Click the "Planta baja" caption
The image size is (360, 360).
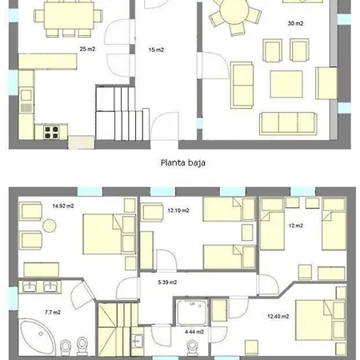tap(183, 162)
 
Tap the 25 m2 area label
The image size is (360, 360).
tap(87, 49)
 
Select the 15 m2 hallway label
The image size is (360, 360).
tap(156, 50)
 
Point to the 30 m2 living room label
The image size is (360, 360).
tap(295, 23)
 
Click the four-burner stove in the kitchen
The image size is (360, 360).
tap(51, 132)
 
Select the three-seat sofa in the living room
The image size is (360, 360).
tap(288, 123)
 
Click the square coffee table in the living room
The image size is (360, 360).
tap(286, 84)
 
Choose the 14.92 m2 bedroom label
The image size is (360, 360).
tap(63, 206)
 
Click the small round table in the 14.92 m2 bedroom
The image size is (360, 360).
tap(50, 226)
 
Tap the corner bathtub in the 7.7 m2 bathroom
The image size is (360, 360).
tap(38, 337)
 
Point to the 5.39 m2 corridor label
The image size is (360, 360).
tap(167, 282)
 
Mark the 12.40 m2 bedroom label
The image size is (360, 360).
tap(278, 317)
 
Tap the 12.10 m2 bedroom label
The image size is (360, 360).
tap(178, 210)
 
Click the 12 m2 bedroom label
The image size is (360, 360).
tap(296, 226)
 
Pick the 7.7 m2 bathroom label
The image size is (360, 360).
tap(53, 312)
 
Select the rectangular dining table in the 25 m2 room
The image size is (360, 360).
tap(69, 15)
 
